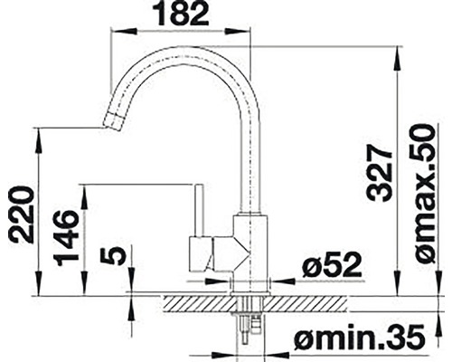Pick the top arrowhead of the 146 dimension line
[86, 190]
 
